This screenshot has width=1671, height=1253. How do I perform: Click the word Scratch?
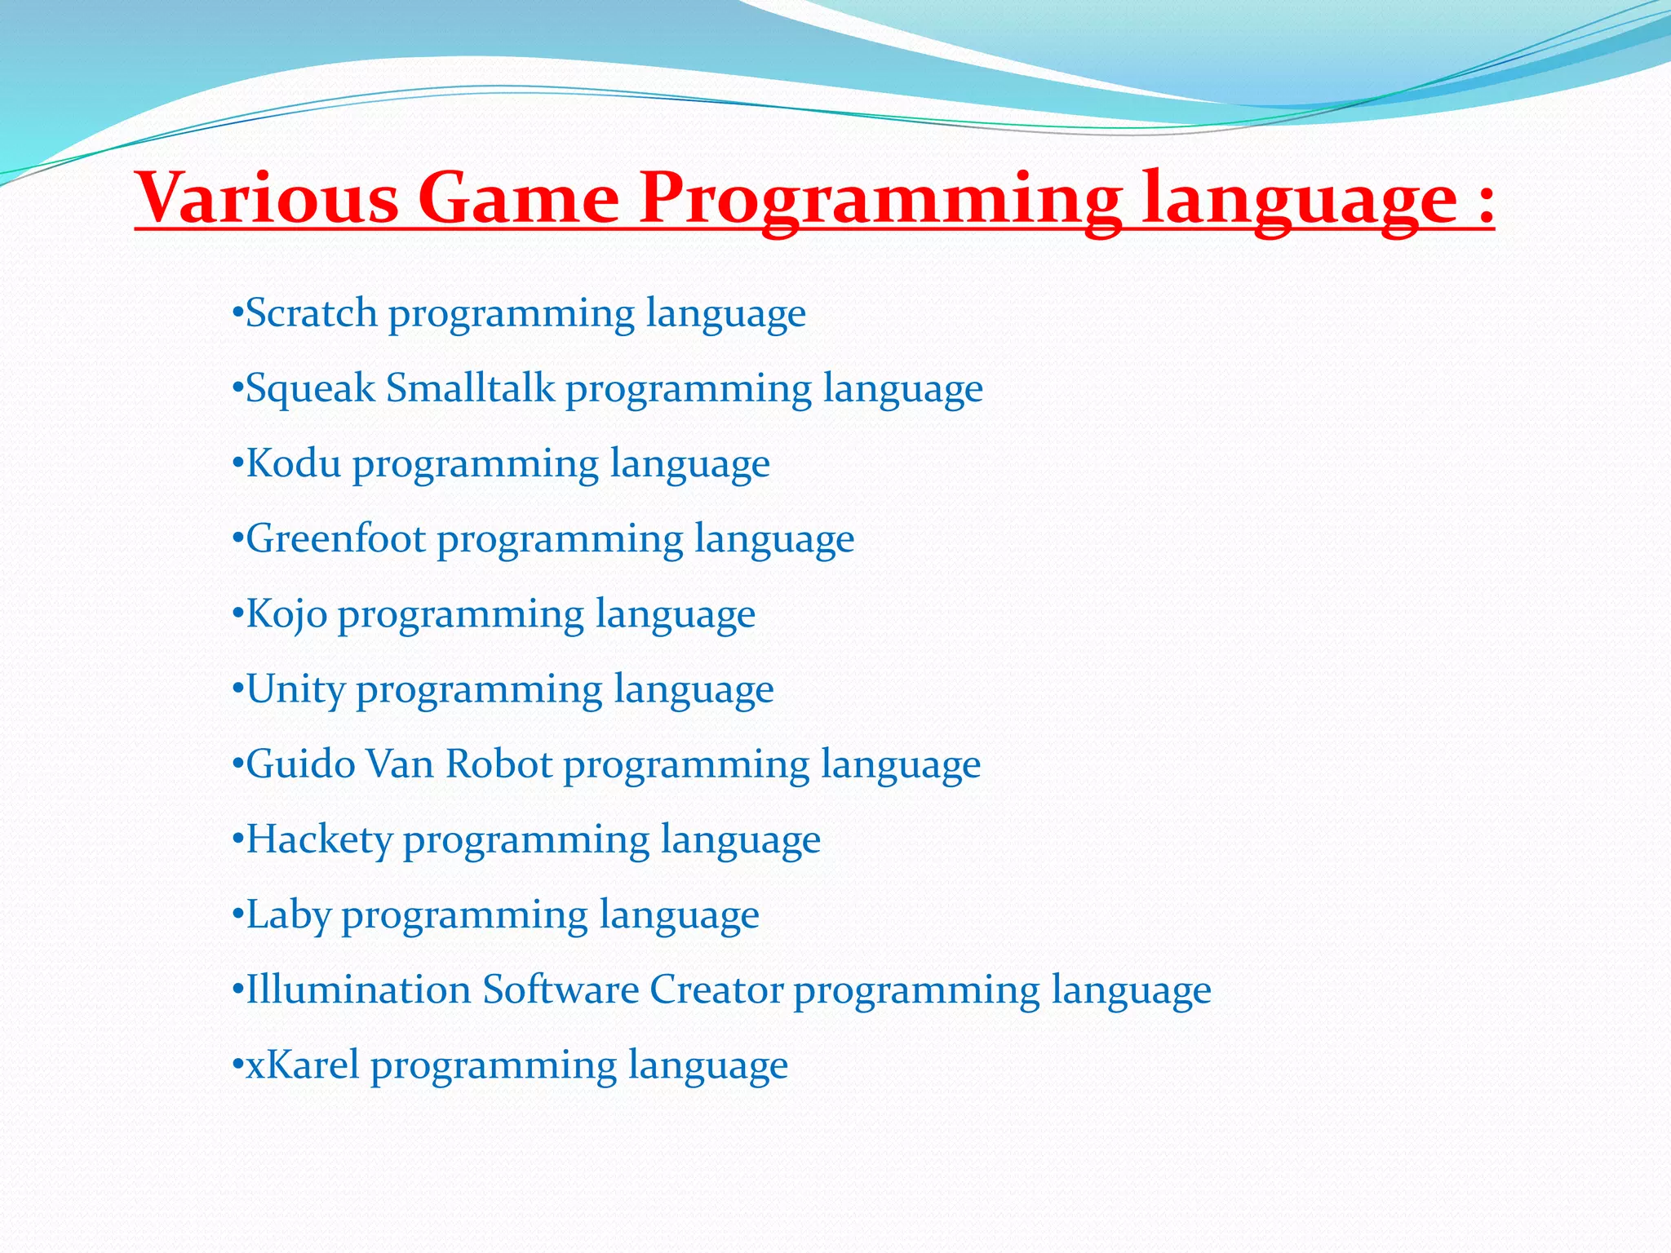tap(311, 313)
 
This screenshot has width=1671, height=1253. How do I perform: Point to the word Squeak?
tap(311, 388)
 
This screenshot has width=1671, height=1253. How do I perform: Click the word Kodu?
tap(293, 463)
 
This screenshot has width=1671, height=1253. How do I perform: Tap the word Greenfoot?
tap(335, 538)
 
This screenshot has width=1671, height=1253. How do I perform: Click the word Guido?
tap(300, 764)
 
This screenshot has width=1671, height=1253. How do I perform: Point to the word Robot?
tap(499, 764)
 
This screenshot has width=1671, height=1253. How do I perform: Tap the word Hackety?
tap(319, 840)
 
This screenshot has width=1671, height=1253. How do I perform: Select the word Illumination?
tap(358, 990)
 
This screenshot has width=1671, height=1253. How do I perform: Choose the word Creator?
tap(716, 990)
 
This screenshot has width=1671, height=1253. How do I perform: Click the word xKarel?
tap(303, 1065)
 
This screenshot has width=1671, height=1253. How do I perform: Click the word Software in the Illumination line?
tap(561, 990)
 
